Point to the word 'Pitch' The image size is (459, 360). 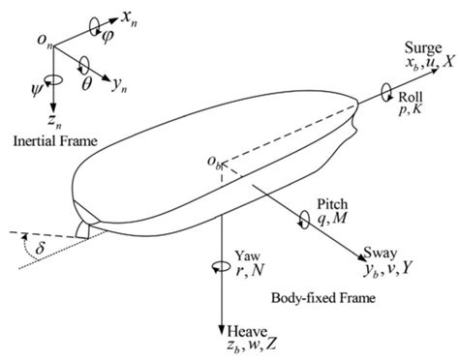click(332, 205)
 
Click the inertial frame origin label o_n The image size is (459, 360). click(37, 39)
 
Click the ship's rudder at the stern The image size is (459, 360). click(84, 228)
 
